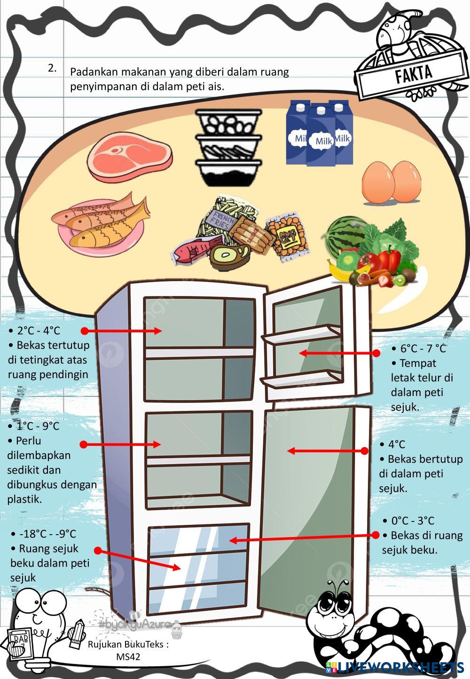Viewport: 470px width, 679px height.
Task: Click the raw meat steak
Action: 130,155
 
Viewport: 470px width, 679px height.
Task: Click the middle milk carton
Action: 321,136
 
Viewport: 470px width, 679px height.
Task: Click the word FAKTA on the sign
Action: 414,74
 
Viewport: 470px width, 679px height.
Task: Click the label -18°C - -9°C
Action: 47,534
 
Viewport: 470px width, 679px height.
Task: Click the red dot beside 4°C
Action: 364,451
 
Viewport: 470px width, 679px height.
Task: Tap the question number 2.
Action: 52,68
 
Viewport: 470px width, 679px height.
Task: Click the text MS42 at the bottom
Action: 128,656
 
